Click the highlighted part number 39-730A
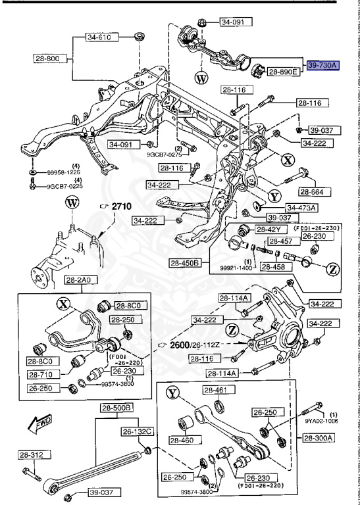tap(322, 66)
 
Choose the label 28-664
tap(314, 191)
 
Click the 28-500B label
tap(116, 408)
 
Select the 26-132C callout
tap(137, 432)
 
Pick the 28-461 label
tap(215, 391)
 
